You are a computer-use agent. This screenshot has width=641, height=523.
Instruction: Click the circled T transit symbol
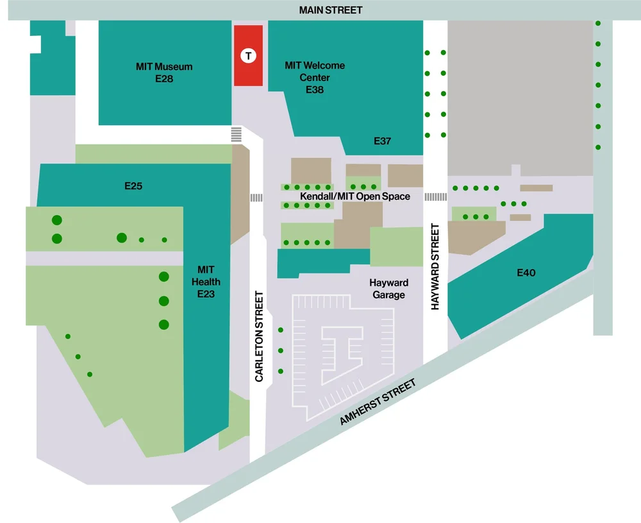[248, 56]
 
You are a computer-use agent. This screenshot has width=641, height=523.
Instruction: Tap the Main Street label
[331, 10]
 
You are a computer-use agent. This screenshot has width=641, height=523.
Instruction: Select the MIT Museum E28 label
[164, 73]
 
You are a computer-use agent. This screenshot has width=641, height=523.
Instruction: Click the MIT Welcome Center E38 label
[315, 78]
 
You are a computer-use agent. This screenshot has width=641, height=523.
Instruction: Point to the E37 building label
[382, 141]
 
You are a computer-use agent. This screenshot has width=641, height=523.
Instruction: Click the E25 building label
[133, 186]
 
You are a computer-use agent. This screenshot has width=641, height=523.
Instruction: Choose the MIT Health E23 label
[208, 282]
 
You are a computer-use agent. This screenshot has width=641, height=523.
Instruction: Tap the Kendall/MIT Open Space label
[354, 196]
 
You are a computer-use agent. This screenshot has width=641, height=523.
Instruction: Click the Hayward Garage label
[388, 289]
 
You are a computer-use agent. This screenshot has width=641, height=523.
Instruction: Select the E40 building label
[526, 273]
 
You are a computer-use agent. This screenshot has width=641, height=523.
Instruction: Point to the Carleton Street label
[259, 337]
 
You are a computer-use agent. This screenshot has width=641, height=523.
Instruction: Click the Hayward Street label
[435, 267]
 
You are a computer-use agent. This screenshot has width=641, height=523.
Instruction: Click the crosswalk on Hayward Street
[435, 196]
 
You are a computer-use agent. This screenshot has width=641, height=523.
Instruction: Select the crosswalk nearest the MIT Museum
[237, 135]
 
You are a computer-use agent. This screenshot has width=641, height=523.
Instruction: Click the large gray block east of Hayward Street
[519, 96]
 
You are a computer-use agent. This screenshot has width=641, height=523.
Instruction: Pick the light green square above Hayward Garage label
[397, 246]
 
